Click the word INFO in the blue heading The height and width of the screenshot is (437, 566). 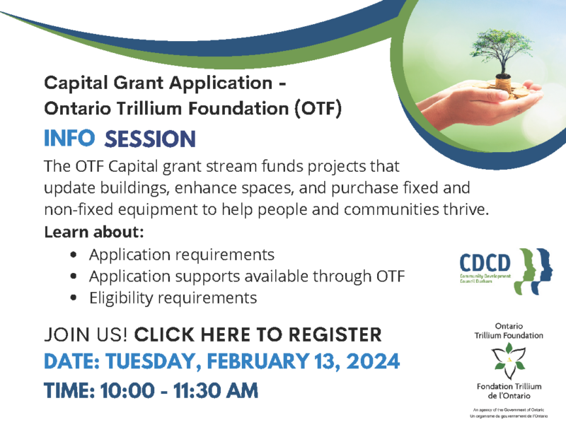point(69,138)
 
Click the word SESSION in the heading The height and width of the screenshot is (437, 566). point(149,139)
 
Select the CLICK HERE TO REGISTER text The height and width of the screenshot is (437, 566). point(258,334)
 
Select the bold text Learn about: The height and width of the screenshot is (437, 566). point(94,232)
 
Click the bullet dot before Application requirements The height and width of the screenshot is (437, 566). point(74,255)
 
